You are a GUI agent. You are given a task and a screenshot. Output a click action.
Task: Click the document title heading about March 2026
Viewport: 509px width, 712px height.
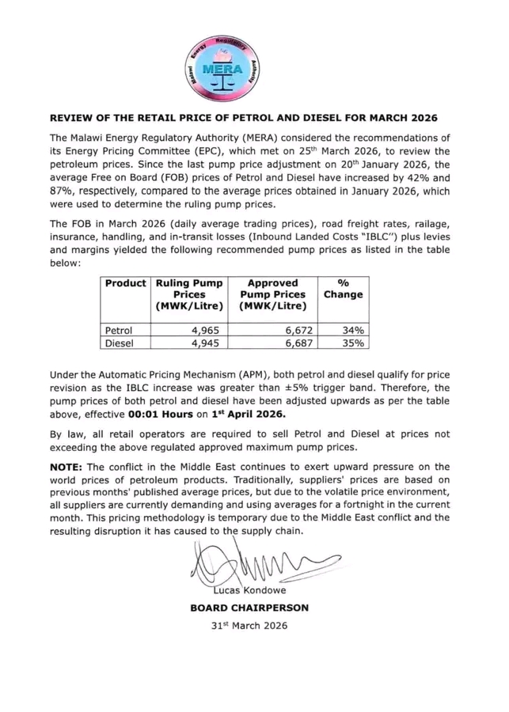pyautogui.click(x=254, y=118)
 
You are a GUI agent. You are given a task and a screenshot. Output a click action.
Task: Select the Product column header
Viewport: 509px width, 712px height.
pyautogui.click(x=125, y=283)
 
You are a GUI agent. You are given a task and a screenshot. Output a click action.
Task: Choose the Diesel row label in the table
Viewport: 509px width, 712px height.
pyautogui.click(x=120, y=343)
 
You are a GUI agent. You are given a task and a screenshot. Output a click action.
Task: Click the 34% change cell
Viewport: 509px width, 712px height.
pyautogui.click(x=353, y=330)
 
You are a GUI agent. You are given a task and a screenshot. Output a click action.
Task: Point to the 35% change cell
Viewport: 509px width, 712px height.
pyautogui.click(x=353, y=343)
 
